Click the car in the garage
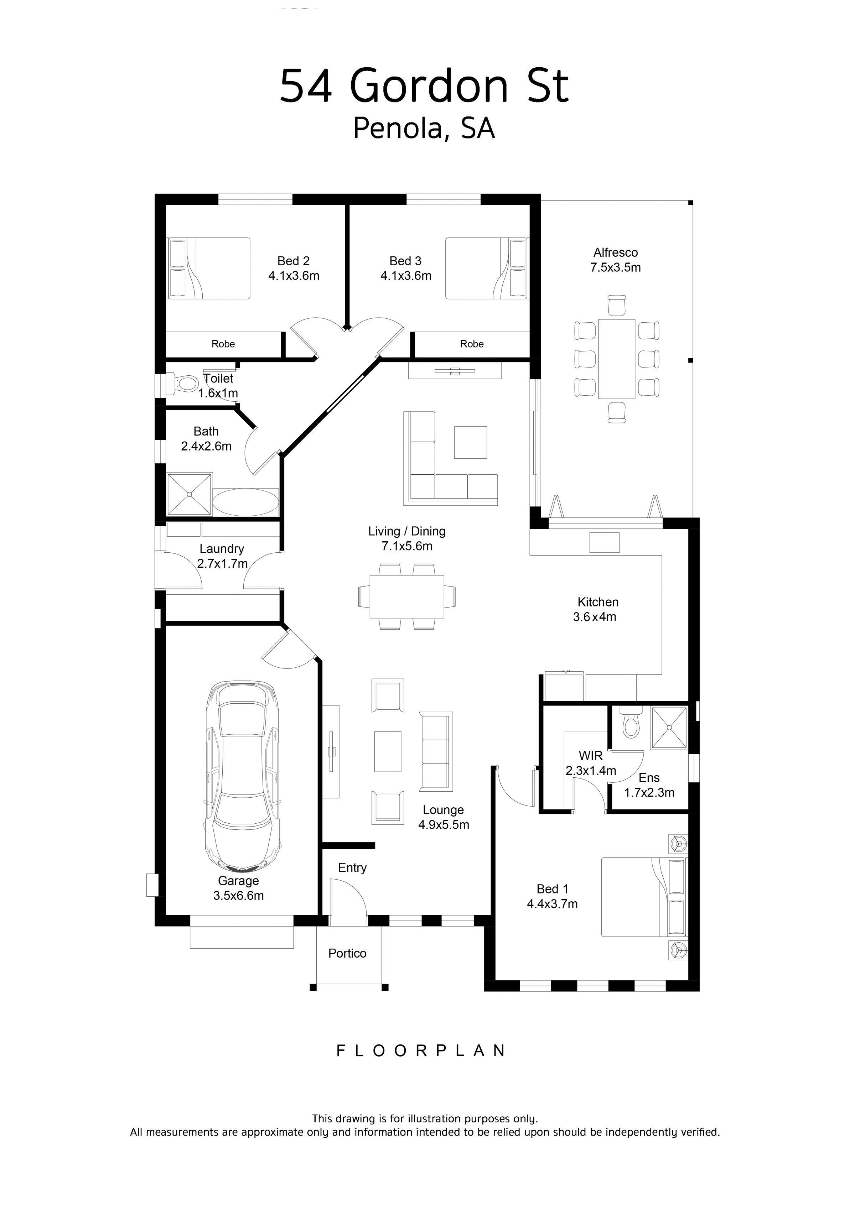(242, 776)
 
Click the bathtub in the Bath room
(246, 502)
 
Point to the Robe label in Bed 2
(223, 344)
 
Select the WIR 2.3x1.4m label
(591, 763)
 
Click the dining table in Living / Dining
(407, 596)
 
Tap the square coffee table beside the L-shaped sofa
(471, 443)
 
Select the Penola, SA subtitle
(424, 129)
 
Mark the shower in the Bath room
(189, 494)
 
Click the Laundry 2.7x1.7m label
(222, 556)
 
